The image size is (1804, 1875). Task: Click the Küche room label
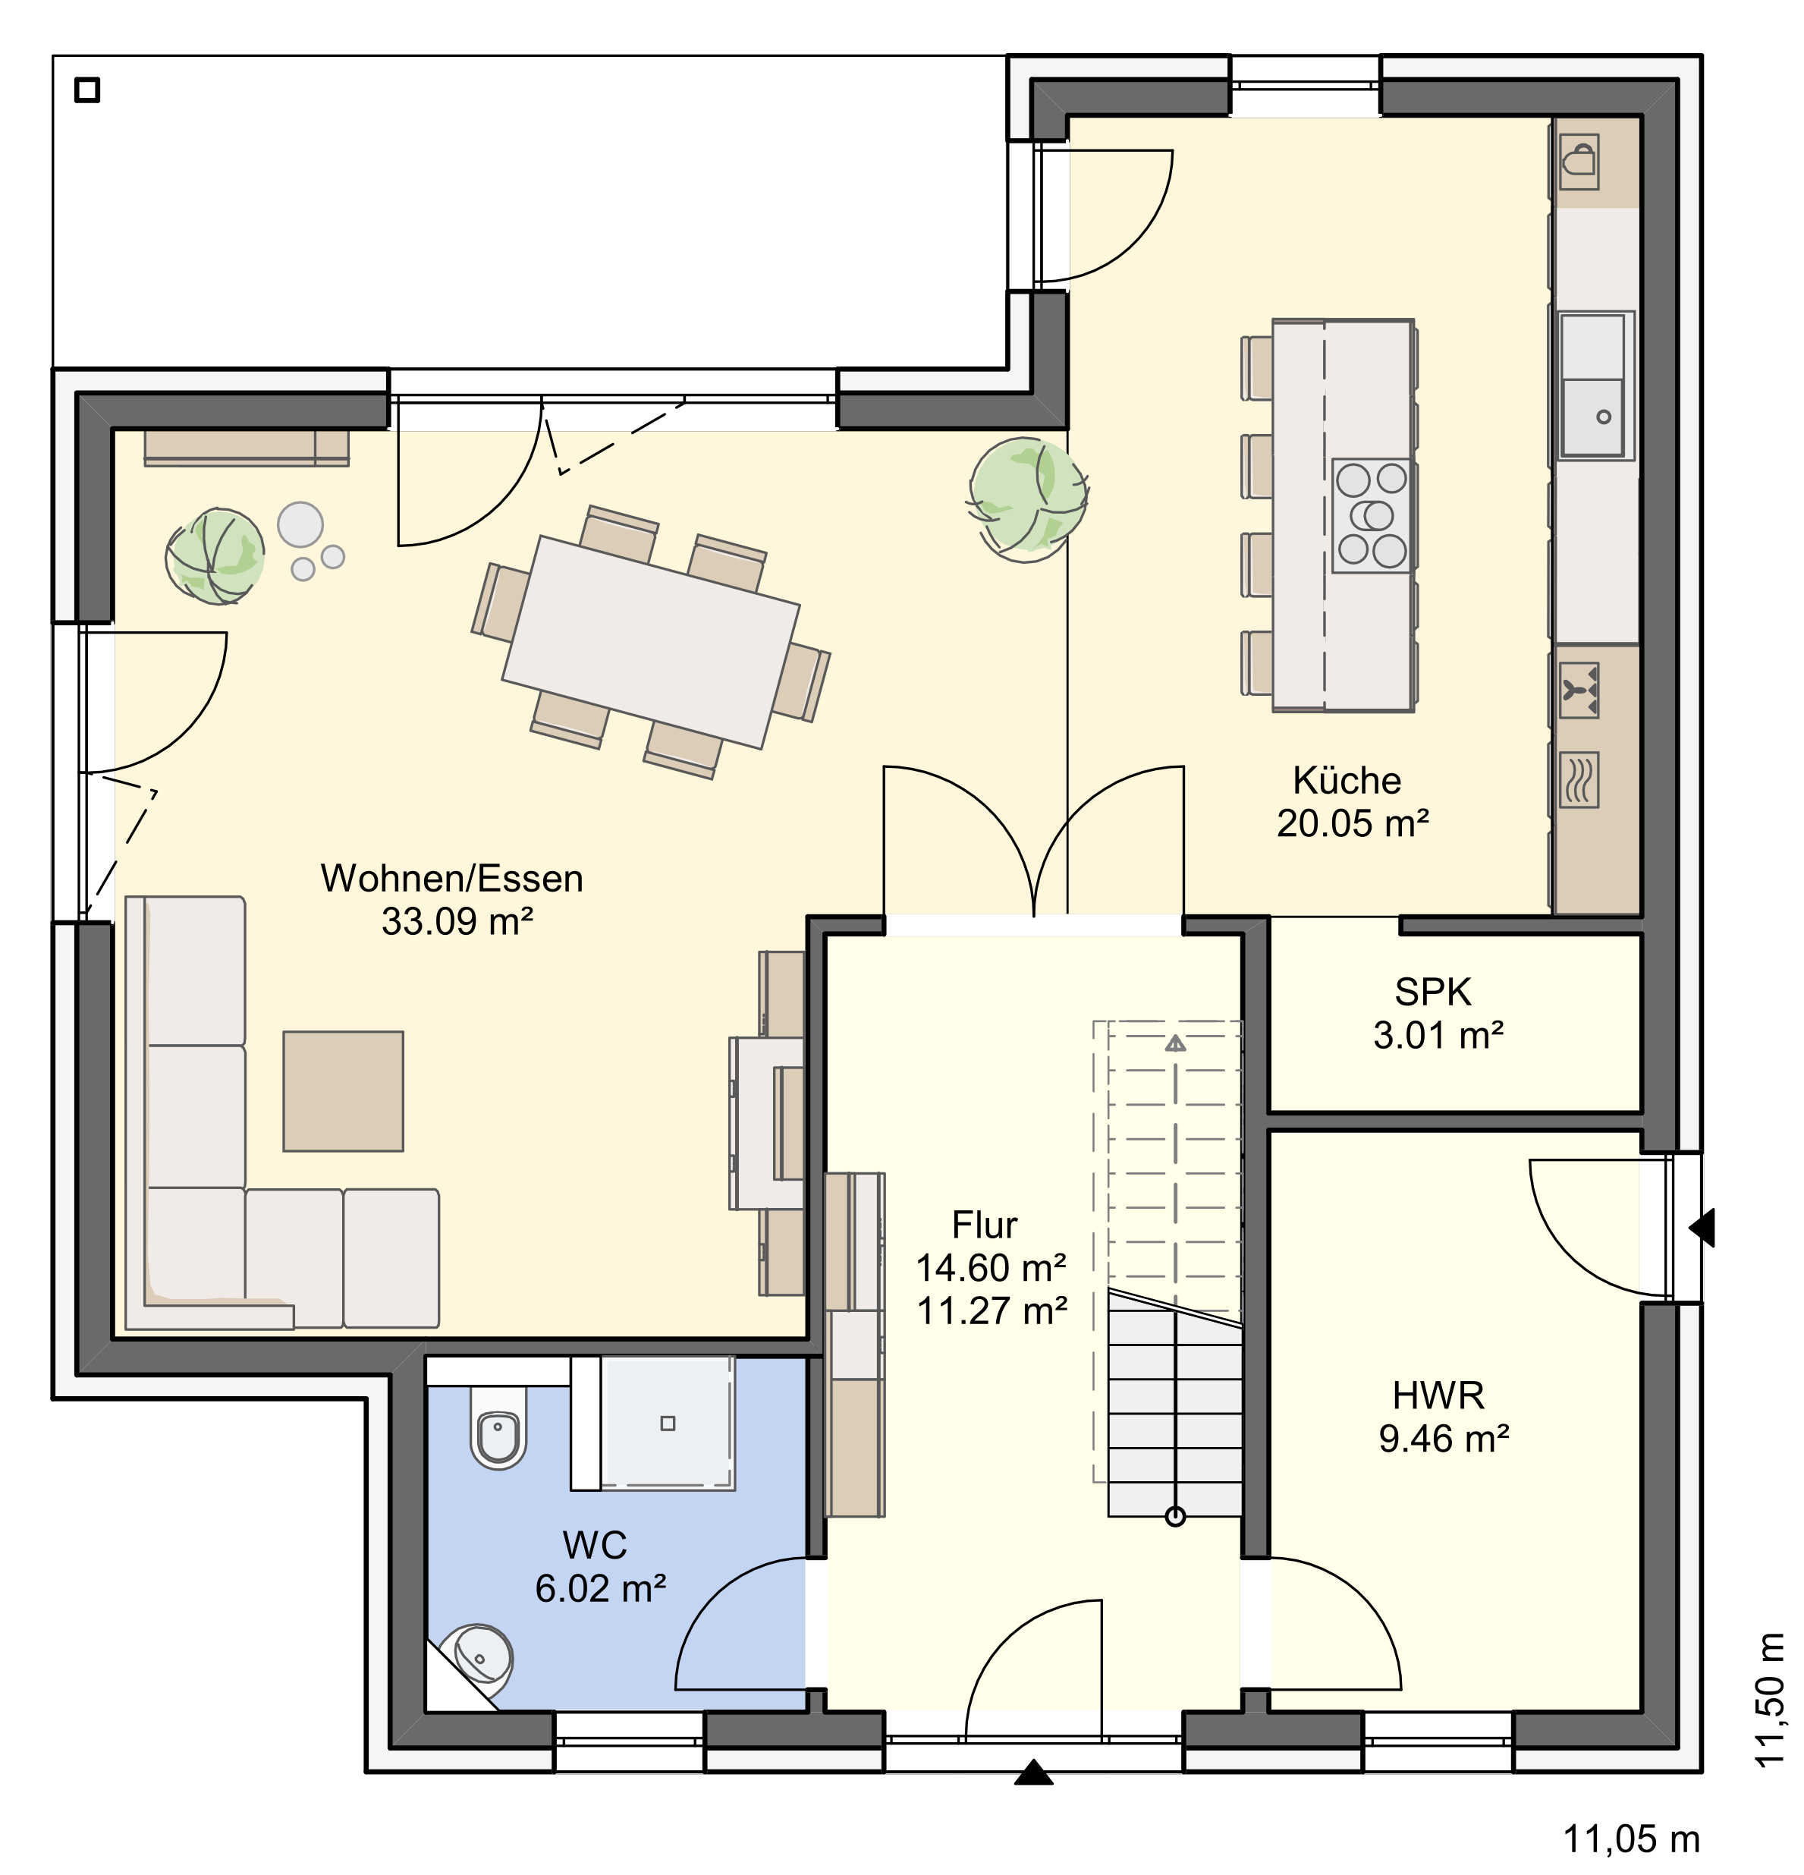(x=1347, y=781)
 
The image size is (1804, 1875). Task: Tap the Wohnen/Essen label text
(x=451, y=878)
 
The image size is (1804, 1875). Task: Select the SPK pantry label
(x=1433, y=992)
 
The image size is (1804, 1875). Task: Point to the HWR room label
(x=1438, y=1395)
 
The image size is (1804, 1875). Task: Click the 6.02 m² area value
(x=601, y=1588)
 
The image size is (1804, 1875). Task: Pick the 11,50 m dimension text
(x=1770, y=1699)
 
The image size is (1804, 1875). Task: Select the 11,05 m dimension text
(x=1631, y=1839)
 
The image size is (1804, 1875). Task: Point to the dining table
(x=650, y=641)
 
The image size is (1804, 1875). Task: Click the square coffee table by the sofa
(x=342, y=1090)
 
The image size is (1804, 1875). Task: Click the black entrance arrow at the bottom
(x=1033, y=1773)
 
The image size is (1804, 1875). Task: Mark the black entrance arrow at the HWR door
(x=1702, y=1227)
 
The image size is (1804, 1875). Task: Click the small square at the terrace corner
(x=87, y=90)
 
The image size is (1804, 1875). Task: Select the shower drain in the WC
(x=668, y=1424)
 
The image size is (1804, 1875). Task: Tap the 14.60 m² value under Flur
(x=991, y=1267)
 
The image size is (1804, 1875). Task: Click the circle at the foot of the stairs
(x=1176, y=1516)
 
